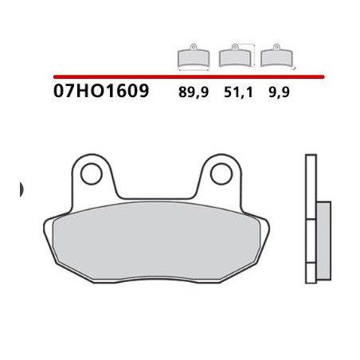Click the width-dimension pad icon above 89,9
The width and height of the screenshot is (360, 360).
pos(192,56)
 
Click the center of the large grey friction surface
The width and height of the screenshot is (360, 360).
pos(159,243)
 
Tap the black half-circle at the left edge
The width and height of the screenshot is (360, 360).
pos(21,190)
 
